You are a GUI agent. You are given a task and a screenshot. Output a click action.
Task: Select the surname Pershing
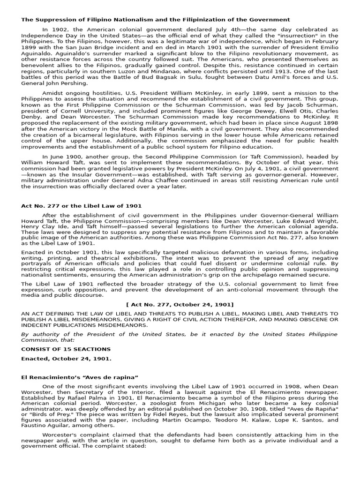click(73, 83)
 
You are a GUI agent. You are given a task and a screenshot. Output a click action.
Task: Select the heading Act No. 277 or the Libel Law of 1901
click(81, 206)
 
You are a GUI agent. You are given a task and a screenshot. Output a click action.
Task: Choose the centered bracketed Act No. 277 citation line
click(180, 304)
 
